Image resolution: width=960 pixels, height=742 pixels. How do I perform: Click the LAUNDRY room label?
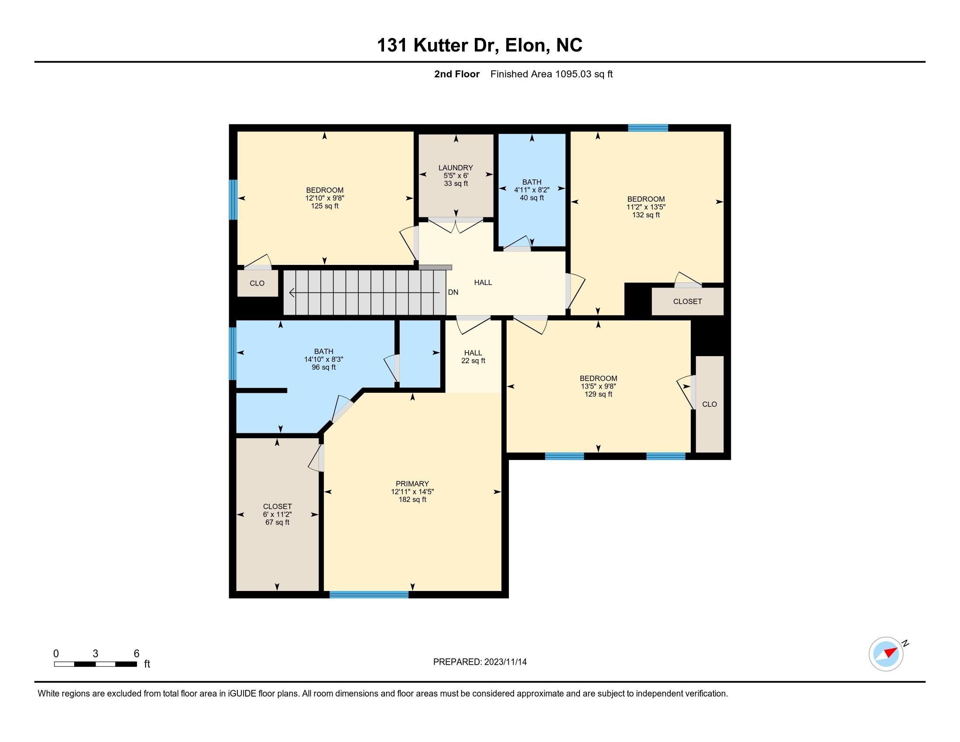click(x=456, y=168)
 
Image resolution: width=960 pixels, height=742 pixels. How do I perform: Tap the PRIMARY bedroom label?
click(x=412, y=484)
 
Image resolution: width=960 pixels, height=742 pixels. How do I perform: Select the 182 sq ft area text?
click(x=412, y=499)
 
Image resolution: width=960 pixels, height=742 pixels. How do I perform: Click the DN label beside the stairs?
click(x=453, y=292)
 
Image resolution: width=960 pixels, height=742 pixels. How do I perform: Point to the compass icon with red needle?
click(x=886, y=654)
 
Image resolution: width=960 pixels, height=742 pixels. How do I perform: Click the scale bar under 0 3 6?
click(x=96, y=664)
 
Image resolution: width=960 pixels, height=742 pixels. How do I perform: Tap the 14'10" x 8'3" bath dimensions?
click(x=323, y=359)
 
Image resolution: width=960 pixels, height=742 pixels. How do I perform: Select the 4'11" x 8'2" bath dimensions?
click(x=531, y=190)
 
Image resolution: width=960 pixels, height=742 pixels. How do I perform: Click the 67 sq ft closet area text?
click(x=278, y=522)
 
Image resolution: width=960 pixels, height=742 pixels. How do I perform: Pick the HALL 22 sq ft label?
click(x=473, y=357)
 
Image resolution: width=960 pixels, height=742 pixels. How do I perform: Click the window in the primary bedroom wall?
click(x=369, y=595)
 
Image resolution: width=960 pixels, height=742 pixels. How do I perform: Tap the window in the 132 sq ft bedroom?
click(x=648, y=128)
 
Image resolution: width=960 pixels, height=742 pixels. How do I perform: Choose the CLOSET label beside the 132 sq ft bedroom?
click(x=687, y=302)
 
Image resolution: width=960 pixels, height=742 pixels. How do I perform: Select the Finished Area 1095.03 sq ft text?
click(x=551, y=74)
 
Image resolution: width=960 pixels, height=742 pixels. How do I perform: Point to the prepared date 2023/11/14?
click(x=505, y=662)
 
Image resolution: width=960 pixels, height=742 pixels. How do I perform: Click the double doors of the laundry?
click(x=456, y=224)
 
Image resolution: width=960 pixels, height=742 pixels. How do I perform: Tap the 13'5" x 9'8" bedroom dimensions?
click(x=598, y=386)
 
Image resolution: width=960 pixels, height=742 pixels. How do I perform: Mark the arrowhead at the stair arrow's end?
click(x=291, y=292)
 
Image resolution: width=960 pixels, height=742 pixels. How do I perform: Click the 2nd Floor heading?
click(x=457, y=74)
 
